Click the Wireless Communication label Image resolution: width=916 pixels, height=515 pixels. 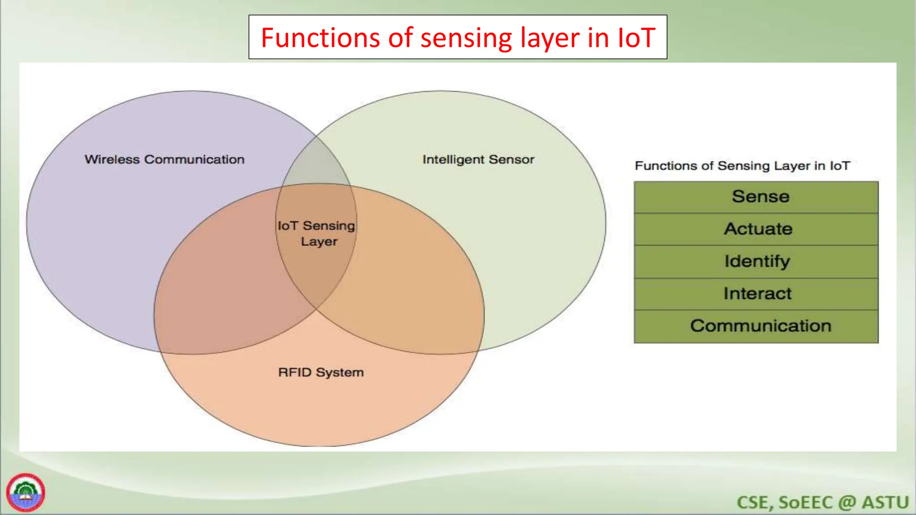(x=164, y=160)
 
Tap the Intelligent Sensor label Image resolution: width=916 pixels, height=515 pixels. (x=478, y=160)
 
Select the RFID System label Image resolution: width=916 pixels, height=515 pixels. (x=321, y=372)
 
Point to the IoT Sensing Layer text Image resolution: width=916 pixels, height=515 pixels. (x=317, y=233)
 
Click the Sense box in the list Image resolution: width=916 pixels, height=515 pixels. (x=756, y=197)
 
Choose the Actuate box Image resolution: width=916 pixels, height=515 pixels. (x=756, y=229)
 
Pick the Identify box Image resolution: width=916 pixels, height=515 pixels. (x=756, y=262)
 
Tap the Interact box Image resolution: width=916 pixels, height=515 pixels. (x=756, y=294)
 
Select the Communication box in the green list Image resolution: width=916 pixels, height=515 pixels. (x=756, y=326)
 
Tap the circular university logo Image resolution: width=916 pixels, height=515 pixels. (x=25, y=493)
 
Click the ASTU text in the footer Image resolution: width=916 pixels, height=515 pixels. (x=885, y=502)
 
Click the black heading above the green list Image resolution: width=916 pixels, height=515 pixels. (x=742, y=166)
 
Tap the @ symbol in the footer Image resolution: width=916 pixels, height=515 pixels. (x=847, y=502)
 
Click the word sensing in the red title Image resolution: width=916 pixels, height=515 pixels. (x=466, y=38)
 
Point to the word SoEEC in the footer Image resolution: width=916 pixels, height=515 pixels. (x=805, y=502)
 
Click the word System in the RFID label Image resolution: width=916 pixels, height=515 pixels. (x=339, y=372)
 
